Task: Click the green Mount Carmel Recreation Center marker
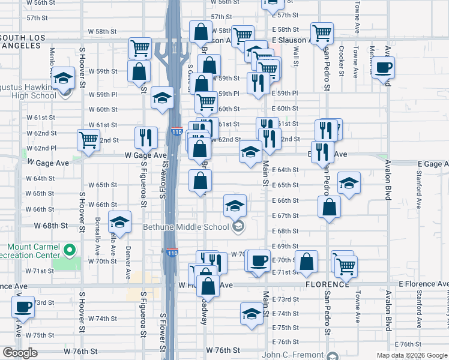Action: click(70, 250)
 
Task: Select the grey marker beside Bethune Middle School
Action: click(238, 226)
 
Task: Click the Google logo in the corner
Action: click(20, 353)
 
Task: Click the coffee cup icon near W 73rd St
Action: click(23, 307)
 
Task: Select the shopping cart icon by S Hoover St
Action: click(88, 140)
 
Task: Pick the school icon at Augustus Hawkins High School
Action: click(62, 78)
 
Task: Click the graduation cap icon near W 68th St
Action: click(119, 222)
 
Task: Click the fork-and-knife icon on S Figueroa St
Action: click(145, 137)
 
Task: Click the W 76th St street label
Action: click(223, 350)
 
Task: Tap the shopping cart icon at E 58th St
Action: click(322, 32)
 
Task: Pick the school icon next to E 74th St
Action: click(252, 313)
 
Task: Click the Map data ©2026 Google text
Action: click(412, 355)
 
